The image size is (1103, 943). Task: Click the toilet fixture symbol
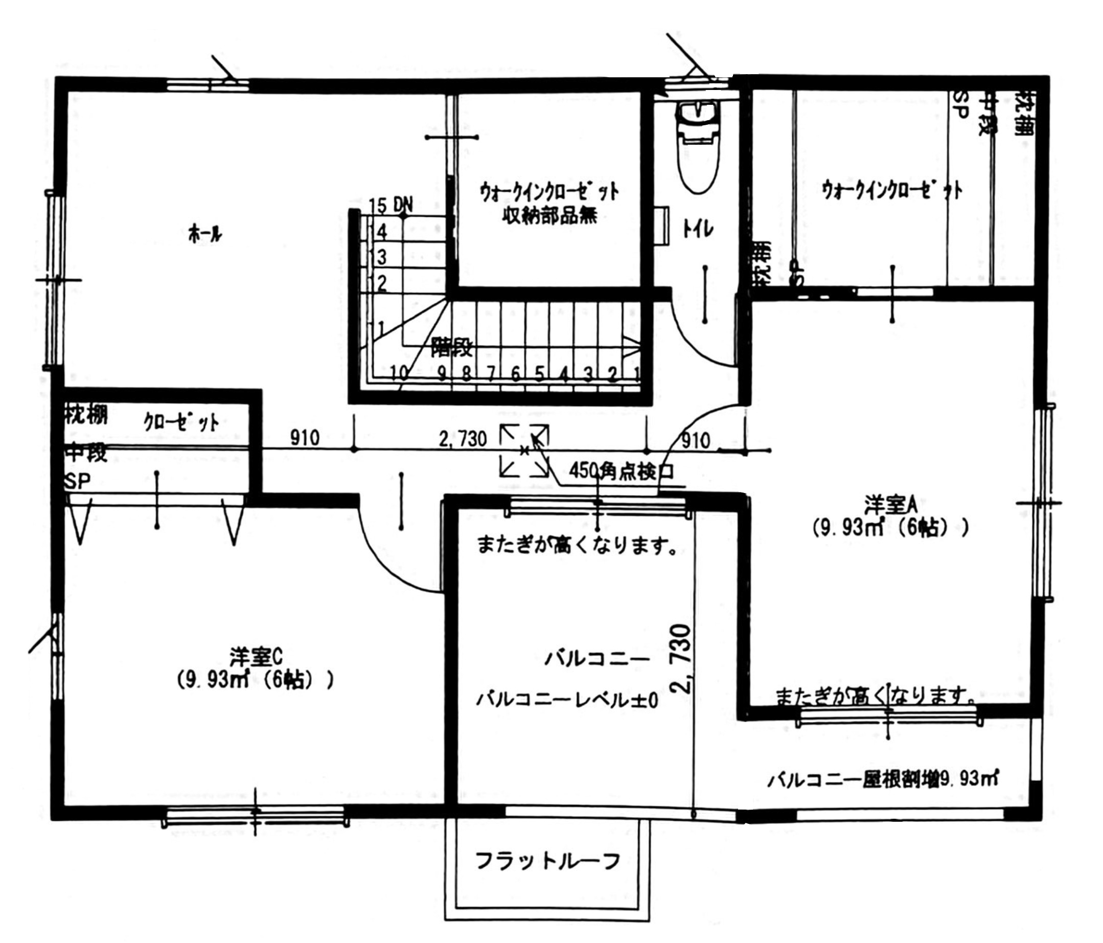[698, 146]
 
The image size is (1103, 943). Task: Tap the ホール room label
[205, 234]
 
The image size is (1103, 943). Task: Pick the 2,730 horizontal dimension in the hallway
[463, 439]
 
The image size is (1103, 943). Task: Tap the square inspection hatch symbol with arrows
[524, 451]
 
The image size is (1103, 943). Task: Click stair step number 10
[399, 372]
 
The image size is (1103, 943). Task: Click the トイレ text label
[698, 230]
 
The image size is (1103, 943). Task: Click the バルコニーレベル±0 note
[567, 700]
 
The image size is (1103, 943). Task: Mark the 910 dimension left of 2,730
[305, 438]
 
